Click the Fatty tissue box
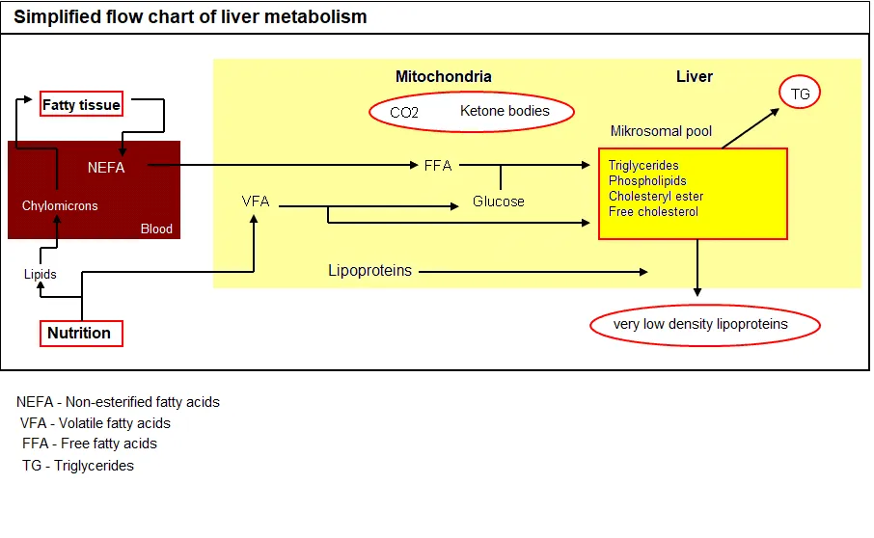pos(81,104)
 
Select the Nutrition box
pos(80,333)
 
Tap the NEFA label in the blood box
pos(106,167)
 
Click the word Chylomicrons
pos(60,205)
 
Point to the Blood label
pos(156,229)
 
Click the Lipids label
pos(41,274)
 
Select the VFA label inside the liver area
pos(256,201)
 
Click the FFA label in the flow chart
pos(438,165)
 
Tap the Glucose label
pos(499,202)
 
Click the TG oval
pos(800,94)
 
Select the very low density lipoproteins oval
pos(704,325)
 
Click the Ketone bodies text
pos(505,111)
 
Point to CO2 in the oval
pos(404,112)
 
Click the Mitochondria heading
pos(443,76)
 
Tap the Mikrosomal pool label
pos(661,131)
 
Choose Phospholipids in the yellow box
pos(647,181)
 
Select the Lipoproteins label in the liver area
pos(369,271)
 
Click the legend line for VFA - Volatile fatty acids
pos(96,423)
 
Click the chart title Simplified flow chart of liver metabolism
pos(190,17)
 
